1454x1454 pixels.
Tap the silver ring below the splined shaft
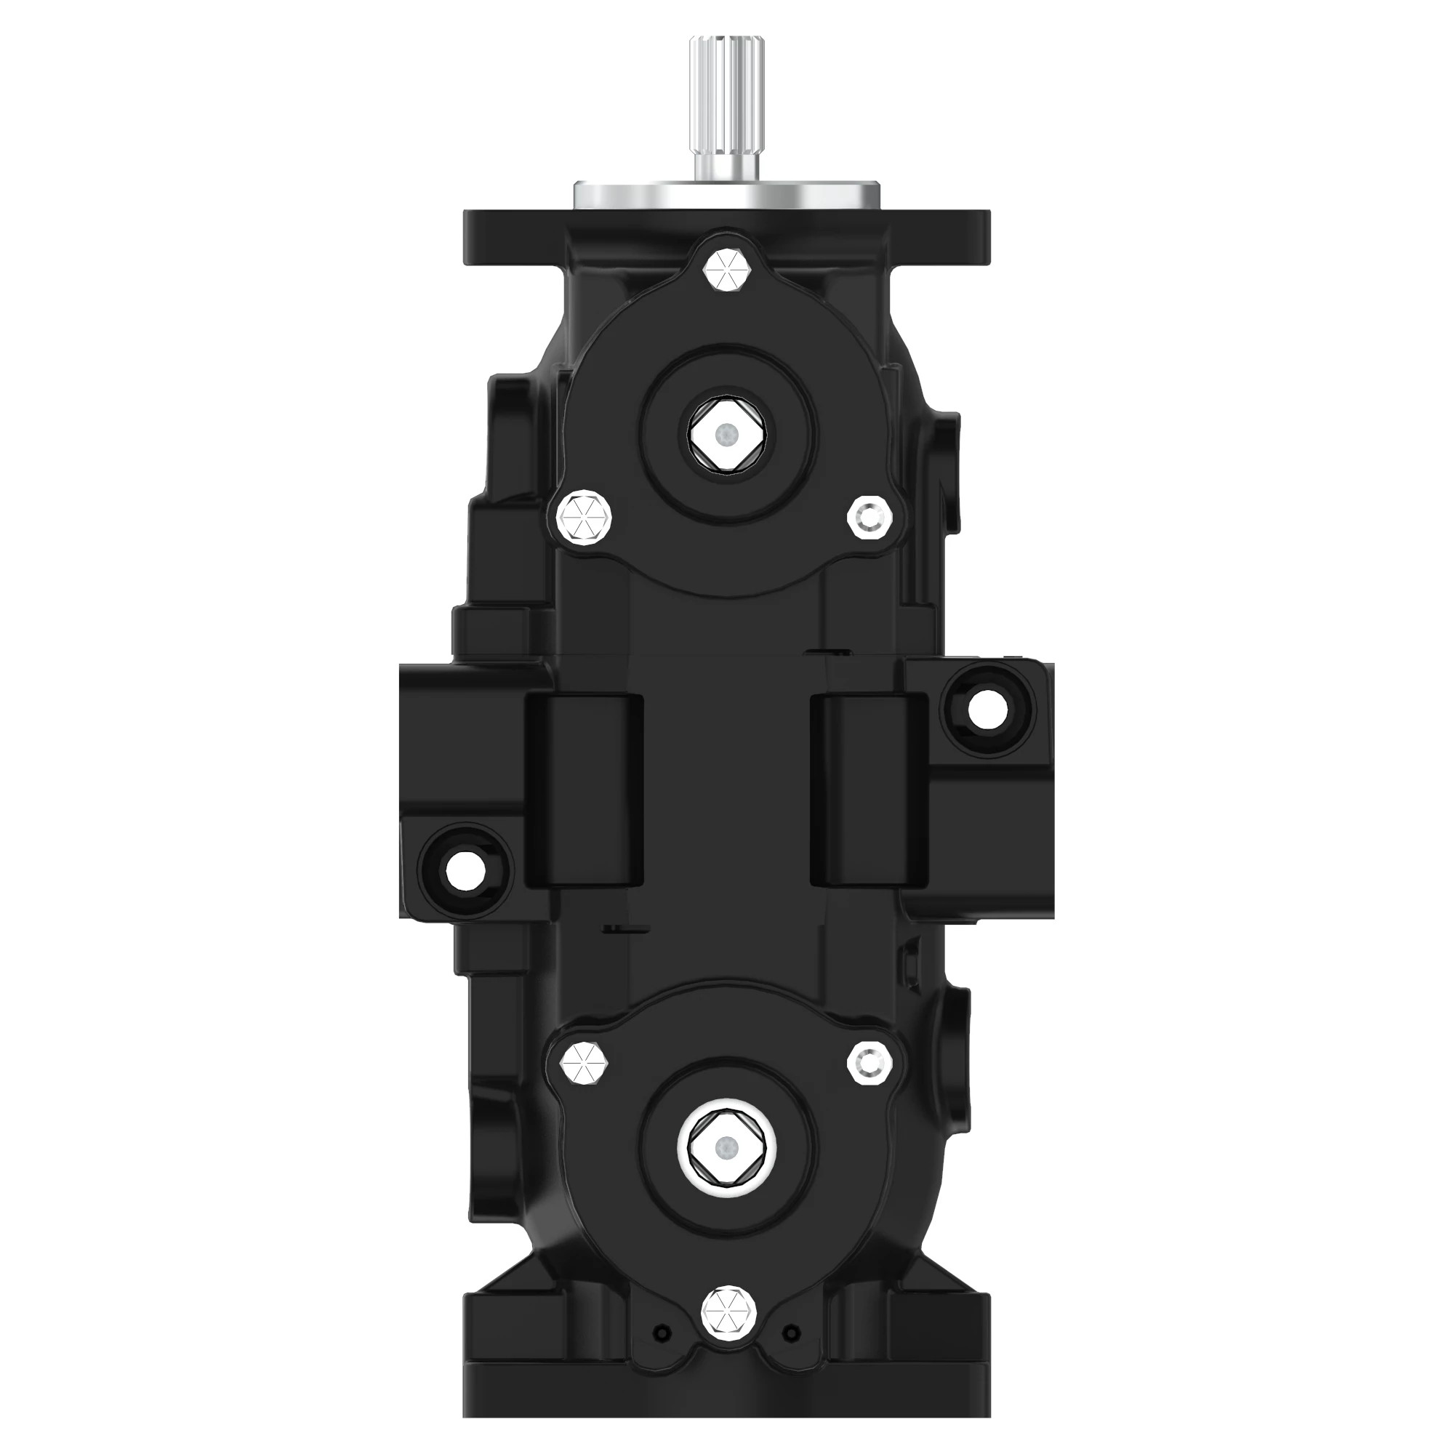point(726,193)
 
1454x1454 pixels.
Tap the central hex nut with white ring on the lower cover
point(726,1147)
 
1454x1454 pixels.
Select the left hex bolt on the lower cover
point(585,1065)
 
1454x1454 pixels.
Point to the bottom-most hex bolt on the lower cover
point(727,1311)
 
